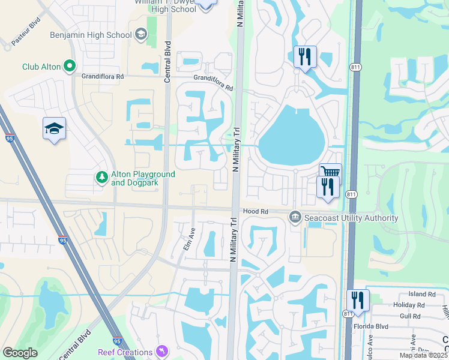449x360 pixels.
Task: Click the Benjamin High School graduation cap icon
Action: pos(141,35)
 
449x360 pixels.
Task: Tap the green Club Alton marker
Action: pos(70,66)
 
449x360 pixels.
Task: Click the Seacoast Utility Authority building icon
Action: pos(295,217)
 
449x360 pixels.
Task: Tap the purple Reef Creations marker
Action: pos(161,350)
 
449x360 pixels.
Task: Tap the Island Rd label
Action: pos(422,294)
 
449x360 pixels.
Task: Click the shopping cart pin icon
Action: pos(330,173)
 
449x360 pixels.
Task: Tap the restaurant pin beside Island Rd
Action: pos(358,300)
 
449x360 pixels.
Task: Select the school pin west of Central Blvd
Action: pos(54,128)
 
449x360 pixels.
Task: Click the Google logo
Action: pos(20,352)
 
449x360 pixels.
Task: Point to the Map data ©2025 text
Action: pos(423,355)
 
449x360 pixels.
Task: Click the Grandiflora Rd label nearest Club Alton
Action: pos(103,77)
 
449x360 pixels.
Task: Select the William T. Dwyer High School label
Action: pos(165,6)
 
